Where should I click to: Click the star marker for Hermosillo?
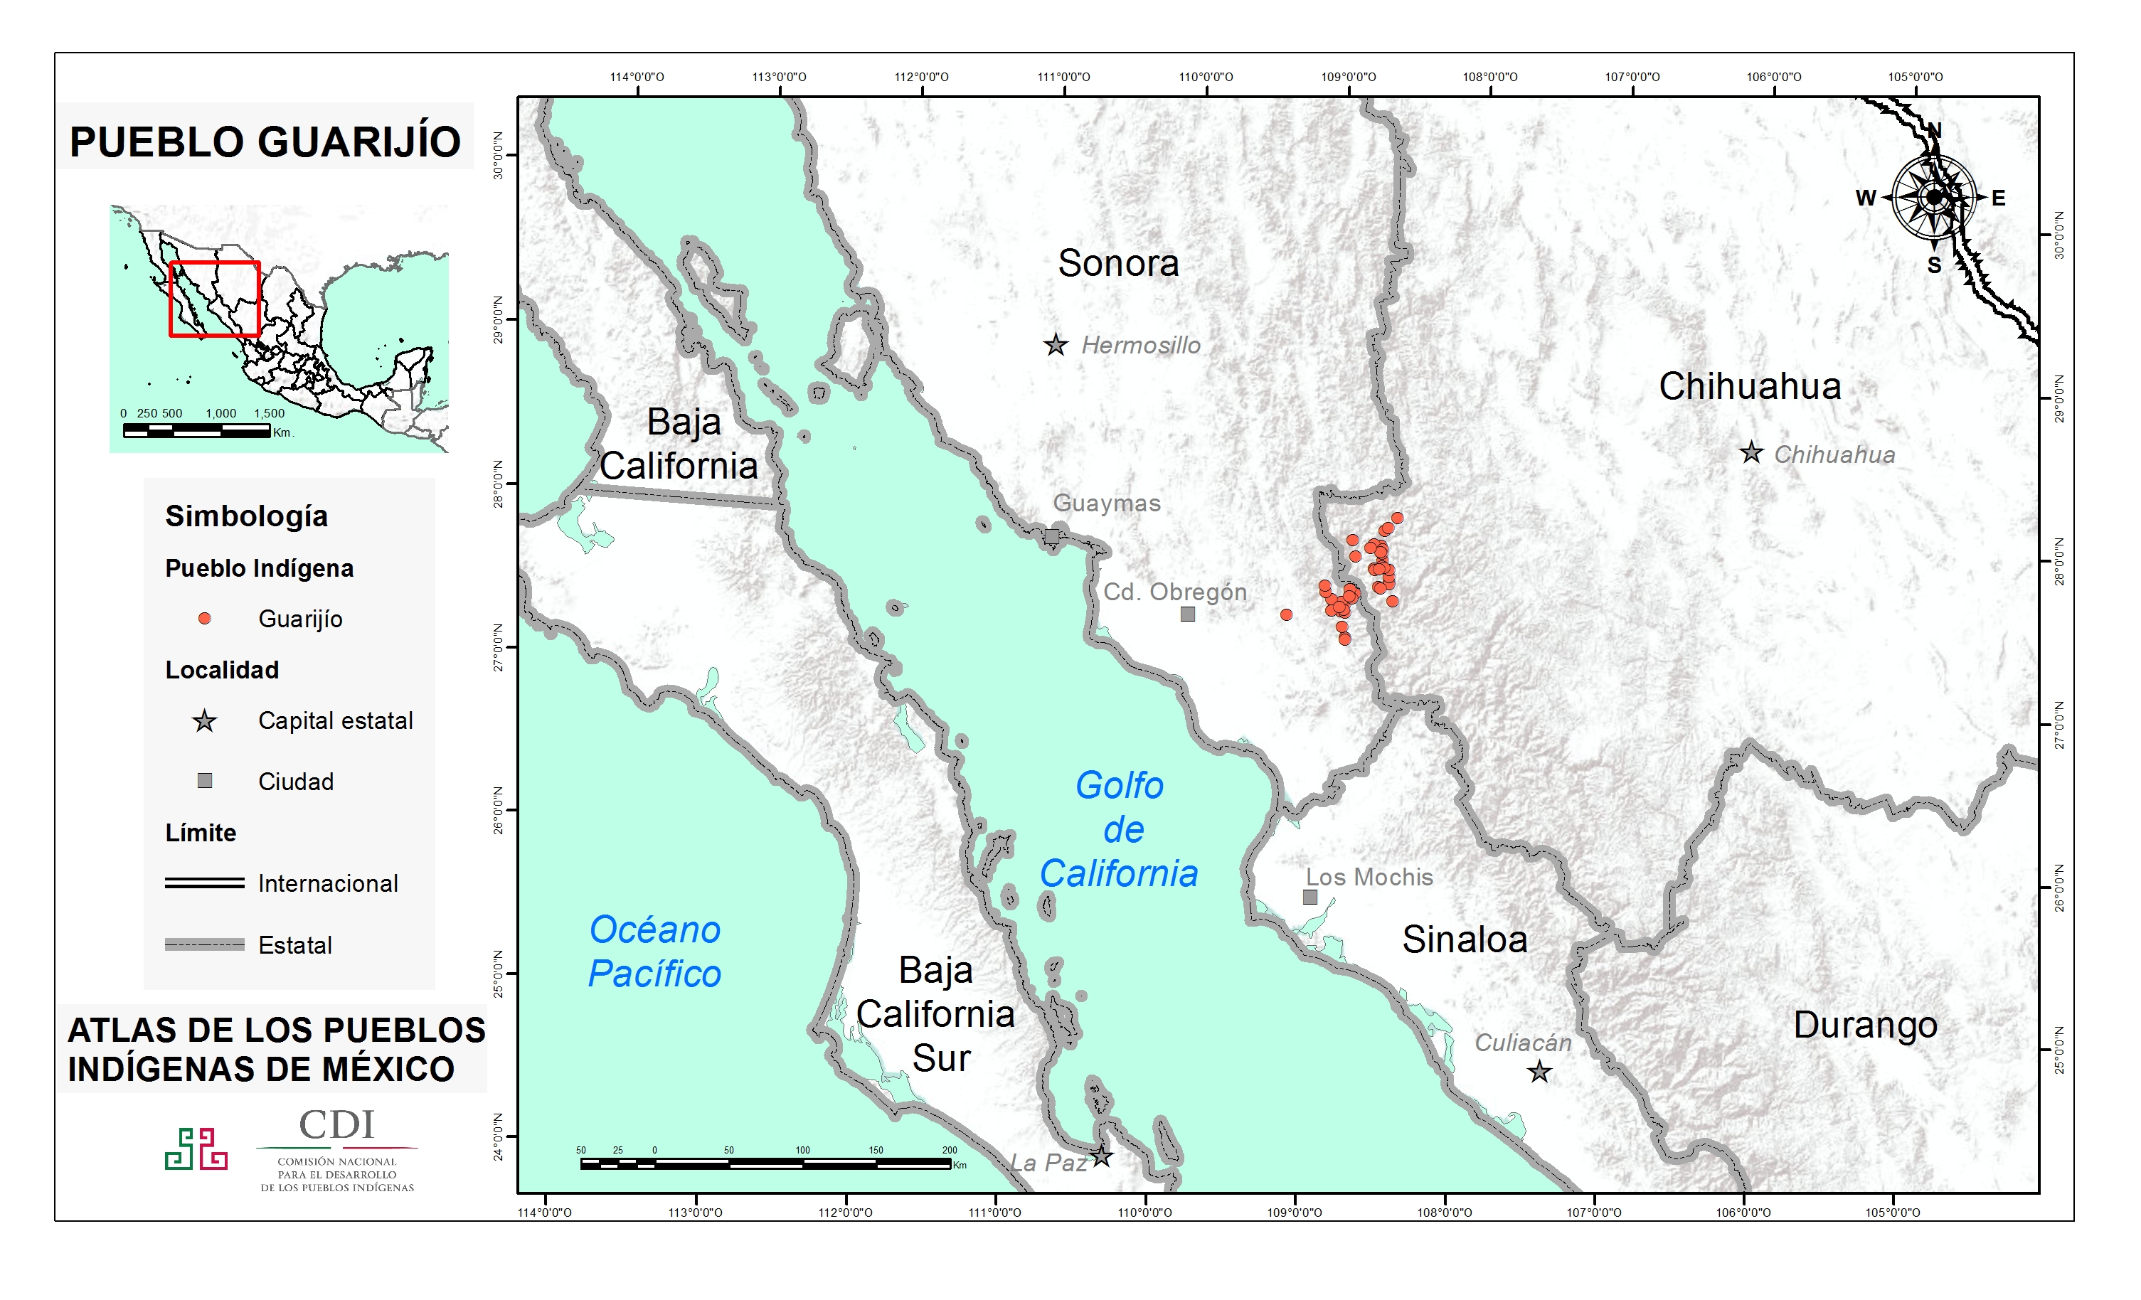[x=1056, y=345]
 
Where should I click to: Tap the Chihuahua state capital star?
[x=1751, y=453]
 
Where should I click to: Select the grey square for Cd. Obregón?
[x=1188, y=614]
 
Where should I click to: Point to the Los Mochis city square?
[x=1310, y=897]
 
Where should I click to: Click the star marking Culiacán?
[x=1539, y=1072]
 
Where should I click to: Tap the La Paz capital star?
[x=1101, y=1156]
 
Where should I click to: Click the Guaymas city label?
[x=1106, y=503]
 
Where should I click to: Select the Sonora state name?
[x=1118, y=263]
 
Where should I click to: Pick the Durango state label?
[x=1865, y=1025]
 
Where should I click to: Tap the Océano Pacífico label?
[x=654, y=952]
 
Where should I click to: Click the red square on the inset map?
[x=215, y=298]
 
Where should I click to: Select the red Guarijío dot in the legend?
[x=204, y=619]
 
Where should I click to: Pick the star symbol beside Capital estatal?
[x=204, y=721]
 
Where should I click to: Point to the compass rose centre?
[x=1933, y=197]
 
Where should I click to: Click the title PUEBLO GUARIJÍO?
[x=265, y=142]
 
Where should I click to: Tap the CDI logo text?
[x=336, y=1124]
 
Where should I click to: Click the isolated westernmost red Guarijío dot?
[x=1286, y=615]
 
